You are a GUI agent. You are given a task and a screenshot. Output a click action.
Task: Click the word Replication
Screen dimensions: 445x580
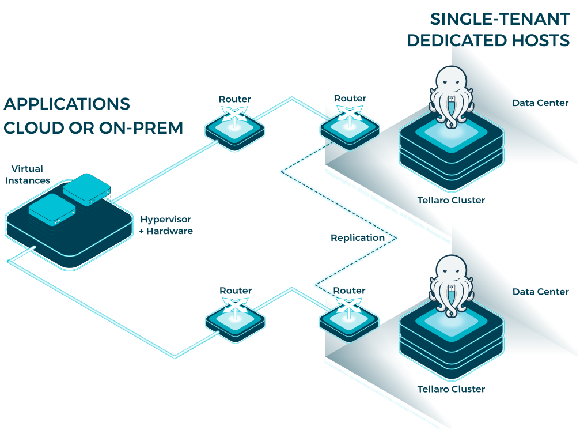(x=357, y=237)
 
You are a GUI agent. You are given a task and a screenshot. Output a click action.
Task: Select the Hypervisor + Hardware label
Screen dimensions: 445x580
(x=166, y=225)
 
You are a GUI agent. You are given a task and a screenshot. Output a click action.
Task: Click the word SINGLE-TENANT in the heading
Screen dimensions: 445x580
(x=500, y=19)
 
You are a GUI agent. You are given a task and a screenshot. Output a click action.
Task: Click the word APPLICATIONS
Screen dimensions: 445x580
(x=67, y=104)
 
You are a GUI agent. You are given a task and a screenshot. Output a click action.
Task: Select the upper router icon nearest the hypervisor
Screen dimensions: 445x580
(x=235, y=126)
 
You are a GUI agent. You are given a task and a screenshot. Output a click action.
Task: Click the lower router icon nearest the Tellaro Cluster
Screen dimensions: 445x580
(x=349, y=317)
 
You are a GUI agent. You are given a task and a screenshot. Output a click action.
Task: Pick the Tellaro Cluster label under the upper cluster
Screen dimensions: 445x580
(x=451, y=201)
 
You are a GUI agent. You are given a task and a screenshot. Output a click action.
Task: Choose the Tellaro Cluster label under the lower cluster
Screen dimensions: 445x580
(x=451, y=389)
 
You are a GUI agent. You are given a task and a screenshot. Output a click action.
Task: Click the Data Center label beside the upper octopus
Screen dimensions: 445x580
(x=540, y=103)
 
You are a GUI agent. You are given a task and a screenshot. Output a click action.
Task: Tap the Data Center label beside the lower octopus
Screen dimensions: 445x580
(x=540, y=292)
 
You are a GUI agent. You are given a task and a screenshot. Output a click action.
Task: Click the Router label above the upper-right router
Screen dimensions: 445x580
(x=350, y=99)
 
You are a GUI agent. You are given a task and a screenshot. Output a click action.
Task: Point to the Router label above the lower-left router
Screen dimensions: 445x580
(x=236, y=291)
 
